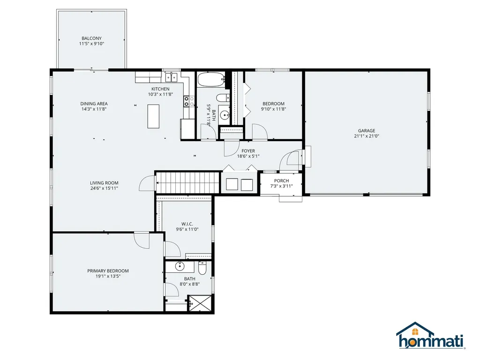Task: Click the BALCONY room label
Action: coord(91,38)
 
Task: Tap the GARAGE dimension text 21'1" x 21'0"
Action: coord(367,136)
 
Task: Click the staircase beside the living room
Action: coord(187,182)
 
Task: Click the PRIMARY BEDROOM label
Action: coord(108,271)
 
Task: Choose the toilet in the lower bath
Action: coord(202,269)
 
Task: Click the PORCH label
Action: coord(282,180)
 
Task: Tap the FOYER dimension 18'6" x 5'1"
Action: coord(248,156)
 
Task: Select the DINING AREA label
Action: coord(94,104)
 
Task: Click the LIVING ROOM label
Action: coord(104,183)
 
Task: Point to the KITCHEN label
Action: coord(160,89)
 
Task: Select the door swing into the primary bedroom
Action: coord(142,240)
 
